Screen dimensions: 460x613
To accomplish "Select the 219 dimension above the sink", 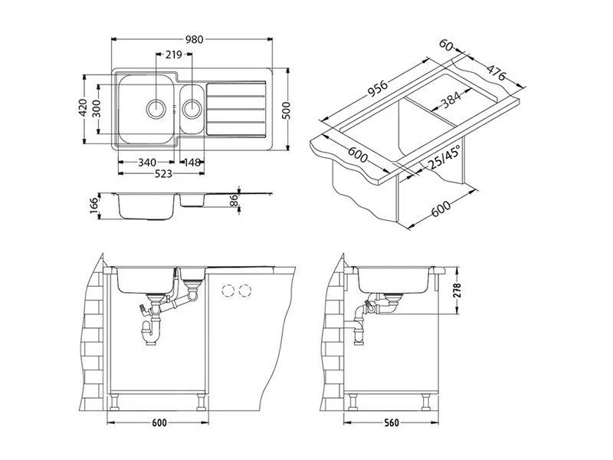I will tap(172, 56).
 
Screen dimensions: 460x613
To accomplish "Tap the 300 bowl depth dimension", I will tap(97, 107).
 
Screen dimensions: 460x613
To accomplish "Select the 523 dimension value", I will tap(160, 174).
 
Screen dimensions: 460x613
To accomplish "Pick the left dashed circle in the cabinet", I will tap(228, 291).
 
